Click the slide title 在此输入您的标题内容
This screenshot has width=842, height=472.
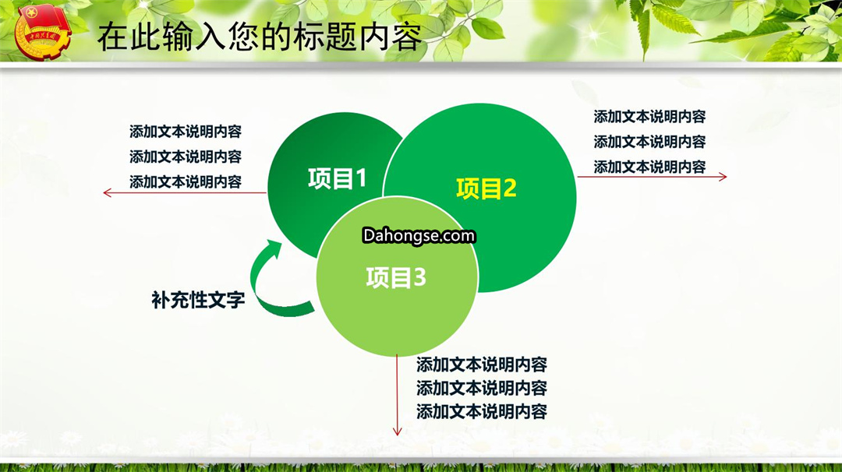tap(259, 37)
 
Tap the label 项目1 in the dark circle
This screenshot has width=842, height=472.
tap(338, 178)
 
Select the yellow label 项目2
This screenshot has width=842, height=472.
tap(486, 188)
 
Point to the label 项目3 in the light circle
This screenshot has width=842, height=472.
tap(396, 278)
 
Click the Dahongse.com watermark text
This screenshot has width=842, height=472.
tap(419, 236)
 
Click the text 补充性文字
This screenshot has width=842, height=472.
tap(198, 300)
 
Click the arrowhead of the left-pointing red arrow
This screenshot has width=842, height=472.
tap(107, 192)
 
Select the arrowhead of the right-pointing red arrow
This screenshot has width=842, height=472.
tap(723, 177)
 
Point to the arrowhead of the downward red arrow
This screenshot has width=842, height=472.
tap(398, 431)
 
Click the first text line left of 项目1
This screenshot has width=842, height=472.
tap(186, 132)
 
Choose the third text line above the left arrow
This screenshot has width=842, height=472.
tap(186, 181)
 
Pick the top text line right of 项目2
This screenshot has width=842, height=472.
tap(649, 116)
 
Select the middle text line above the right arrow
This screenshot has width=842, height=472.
tap(649, 142)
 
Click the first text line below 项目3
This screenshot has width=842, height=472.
tap(482, 365)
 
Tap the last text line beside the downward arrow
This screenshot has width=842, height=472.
tap(482, 411)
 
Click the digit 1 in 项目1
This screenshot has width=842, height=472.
tap(360, 178)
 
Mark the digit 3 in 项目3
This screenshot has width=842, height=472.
tap(420, 278)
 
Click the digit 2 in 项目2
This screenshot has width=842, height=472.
tap(510, 188)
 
